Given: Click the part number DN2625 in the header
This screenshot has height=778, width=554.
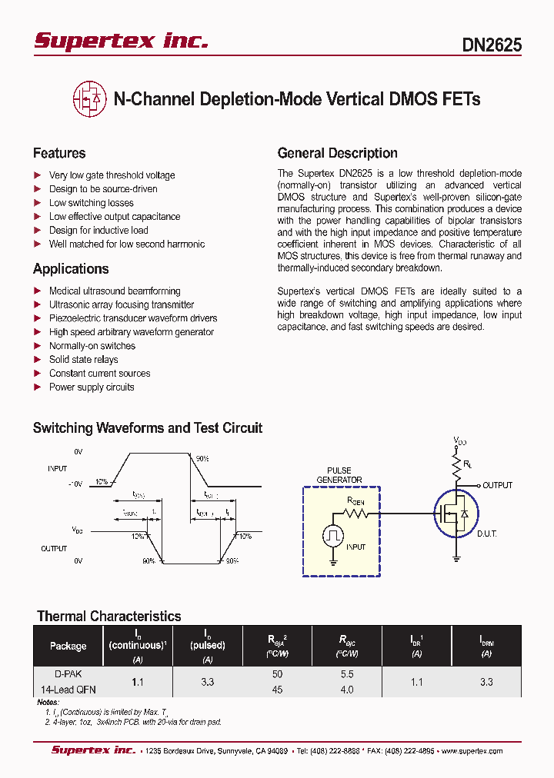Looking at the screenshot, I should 492,45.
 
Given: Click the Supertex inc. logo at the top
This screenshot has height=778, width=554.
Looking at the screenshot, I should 121,42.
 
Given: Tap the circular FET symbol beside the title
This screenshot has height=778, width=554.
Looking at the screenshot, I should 90,99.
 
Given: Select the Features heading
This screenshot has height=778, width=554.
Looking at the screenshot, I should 59,153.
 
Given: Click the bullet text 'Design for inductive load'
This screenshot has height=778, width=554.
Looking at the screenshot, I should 98,231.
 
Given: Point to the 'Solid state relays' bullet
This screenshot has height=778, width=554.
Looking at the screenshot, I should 83,360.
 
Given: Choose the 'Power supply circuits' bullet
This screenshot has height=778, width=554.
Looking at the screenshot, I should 92,387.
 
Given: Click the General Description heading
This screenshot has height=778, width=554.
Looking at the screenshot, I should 337,153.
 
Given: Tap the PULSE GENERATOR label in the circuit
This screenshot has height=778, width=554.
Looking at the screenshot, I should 339,475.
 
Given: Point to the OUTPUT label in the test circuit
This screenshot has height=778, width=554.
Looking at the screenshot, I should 497,485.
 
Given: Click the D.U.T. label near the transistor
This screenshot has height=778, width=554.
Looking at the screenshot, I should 486,533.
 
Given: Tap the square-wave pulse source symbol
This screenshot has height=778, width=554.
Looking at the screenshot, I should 332,535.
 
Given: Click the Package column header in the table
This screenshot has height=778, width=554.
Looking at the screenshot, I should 68,646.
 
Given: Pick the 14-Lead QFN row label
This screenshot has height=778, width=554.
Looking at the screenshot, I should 68,690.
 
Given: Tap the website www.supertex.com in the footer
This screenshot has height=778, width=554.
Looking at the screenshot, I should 469,751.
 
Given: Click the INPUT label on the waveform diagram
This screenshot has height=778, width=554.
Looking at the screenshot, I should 57,468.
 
